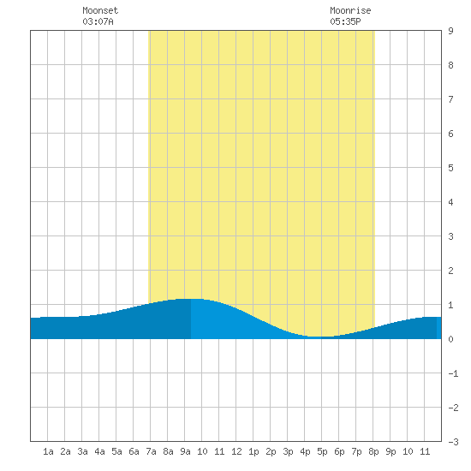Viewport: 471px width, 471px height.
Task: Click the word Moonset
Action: coord(100,10)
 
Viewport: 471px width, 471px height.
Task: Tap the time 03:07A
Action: coord(98,21)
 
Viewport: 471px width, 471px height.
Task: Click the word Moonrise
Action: coord(350,10)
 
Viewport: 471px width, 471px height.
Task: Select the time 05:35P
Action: coord(345,21)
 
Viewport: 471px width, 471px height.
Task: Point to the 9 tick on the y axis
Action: coord(450,31)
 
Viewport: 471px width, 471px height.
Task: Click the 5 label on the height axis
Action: coord(450,168)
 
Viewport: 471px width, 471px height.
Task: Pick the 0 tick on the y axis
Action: coord(450,339)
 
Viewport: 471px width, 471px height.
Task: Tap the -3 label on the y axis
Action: coord(453,442)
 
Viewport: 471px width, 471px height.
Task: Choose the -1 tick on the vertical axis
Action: coord(453,373)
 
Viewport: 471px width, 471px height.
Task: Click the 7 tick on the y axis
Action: coord(450,99)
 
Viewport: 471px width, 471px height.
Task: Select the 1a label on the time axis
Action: coord(48,451)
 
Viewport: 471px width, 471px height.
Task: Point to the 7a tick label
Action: coord(151,451)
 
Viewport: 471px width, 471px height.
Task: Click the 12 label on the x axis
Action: coord(236,451)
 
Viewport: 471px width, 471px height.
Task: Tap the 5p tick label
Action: coord(322,451)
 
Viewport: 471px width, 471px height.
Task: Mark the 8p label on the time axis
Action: coord(373,451)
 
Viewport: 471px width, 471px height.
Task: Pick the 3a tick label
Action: coord(82,451)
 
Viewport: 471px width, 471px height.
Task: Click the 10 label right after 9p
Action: coord(408,451)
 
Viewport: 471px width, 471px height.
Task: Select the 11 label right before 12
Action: coord(219,451)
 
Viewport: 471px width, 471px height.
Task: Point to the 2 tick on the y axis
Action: coord(450,271)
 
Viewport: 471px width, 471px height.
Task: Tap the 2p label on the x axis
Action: coord(271,451)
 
